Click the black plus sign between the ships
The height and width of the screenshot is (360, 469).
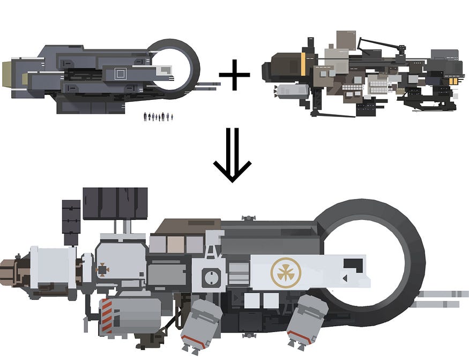(234, 75)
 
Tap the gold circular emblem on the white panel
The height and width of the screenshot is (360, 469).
(286, 271)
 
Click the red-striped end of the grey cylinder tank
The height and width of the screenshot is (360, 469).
(106, 316)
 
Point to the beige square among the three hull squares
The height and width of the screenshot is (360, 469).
(175, 244)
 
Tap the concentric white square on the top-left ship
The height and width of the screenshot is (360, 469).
(121, 74)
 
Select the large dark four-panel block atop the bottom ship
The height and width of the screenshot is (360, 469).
(115, 203)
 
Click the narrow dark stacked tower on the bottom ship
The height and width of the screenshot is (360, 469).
(71, 222)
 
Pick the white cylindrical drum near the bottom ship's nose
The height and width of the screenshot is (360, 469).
(52, 270)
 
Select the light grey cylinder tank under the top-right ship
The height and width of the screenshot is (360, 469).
(290, 90)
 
